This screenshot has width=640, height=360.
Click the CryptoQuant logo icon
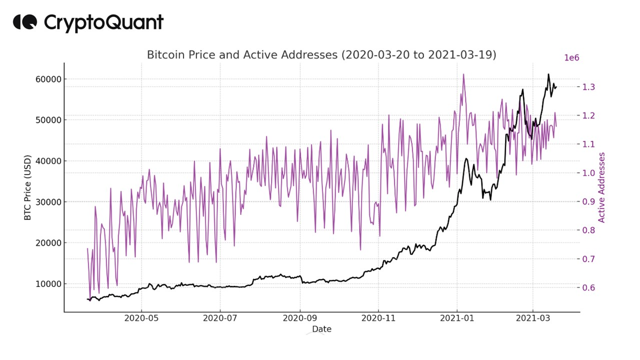pos(24,22)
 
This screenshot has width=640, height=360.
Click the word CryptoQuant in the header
pos(103,22)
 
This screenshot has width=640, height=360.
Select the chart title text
pos(321,55)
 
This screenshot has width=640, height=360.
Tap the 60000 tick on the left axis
pos(46,79)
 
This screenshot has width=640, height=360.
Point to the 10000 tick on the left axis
pos(46,283)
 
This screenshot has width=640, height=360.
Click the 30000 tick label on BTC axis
pos(46,202)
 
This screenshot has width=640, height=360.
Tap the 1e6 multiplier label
pos(571,58)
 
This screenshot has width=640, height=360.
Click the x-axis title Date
pos(321,329)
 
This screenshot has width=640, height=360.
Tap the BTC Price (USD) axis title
pos(27,187)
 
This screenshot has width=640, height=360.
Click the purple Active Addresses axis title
pos(601,187)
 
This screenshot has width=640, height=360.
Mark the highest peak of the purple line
pos(463,74)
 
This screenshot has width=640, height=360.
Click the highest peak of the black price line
pos(548,74)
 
